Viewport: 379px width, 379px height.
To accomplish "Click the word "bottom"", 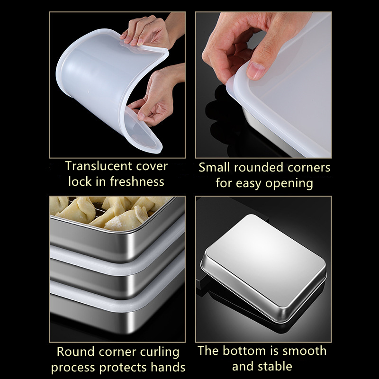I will click(252, 351).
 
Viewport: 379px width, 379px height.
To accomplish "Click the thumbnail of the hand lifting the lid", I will click(263, 85).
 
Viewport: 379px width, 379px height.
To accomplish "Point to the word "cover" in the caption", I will click(152, 166).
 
